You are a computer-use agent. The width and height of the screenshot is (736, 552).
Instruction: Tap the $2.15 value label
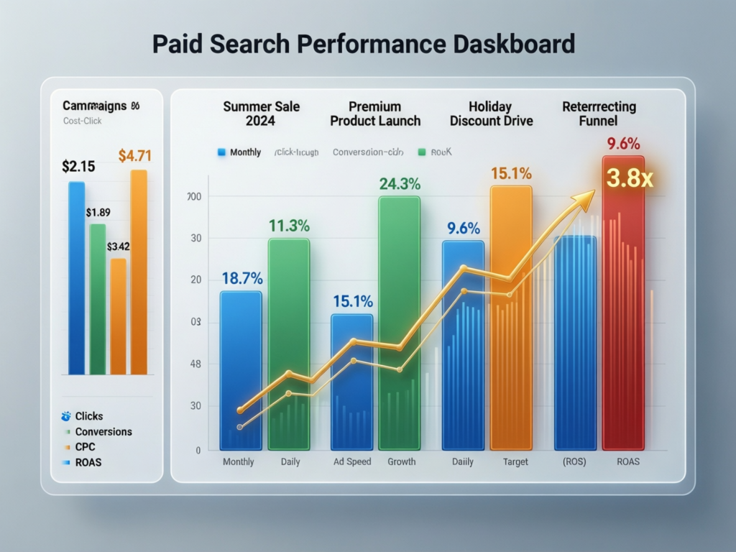[x=79, y=167]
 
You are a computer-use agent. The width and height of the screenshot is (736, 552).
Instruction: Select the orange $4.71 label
[x=135, y=155]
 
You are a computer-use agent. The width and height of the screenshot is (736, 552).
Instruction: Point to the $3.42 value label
[x=118, y=247]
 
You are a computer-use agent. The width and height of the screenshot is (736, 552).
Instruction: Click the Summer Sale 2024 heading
[x=262, y=114]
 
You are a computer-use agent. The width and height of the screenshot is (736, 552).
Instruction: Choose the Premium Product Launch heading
[x=375, y=114]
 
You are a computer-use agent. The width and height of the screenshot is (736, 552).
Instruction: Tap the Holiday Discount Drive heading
[x=492, y=114]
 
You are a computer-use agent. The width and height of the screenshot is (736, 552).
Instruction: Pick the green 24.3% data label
[x=400, y=184]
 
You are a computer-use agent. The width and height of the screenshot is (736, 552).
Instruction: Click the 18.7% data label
[x=241, y=279]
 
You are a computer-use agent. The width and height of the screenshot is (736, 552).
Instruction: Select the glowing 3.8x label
[x=630, y=178]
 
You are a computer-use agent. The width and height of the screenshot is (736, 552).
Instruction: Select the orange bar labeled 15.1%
[x=511, y=316]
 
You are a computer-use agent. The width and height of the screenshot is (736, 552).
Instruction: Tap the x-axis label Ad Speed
[x=353, y=461]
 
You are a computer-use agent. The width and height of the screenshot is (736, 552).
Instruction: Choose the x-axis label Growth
[x=401, y=461]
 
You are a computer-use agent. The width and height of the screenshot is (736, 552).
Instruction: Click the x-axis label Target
[x=511, y=461]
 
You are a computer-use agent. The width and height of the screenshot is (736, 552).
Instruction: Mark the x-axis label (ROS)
[x=574, y=461]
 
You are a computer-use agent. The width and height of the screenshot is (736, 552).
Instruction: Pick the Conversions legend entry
[x=103, y=432]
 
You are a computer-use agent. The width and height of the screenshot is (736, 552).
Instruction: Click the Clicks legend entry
[x=88, y=416]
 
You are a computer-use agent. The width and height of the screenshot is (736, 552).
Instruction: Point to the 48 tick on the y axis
[x=195, y=364]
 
